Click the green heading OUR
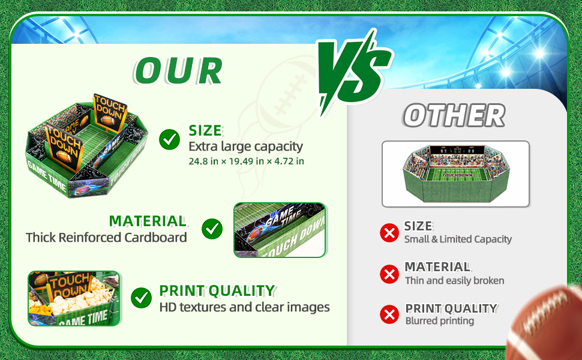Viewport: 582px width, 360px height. pos(179,71)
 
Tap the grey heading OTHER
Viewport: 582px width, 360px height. pos(454,115)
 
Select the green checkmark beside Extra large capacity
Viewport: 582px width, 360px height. pos(170,140)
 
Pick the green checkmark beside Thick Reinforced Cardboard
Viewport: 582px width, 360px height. pos(212,229)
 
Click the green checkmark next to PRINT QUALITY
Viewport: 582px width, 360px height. pos(142,298)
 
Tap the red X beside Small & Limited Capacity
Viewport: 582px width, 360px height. pos(389,233)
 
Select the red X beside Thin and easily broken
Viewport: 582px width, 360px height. pos(389,274)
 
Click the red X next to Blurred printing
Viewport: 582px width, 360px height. pos(389,314)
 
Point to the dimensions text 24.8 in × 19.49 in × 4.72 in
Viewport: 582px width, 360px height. pos(247,161)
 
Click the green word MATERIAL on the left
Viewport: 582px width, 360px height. pos(148,221)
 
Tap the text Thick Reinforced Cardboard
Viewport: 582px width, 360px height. pos(106,238)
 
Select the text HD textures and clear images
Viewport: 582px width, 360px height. pos(245,307)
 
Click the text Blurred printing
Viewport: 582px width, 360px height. pos(440,320)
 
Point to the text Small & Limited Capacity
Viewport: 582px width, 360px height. pos(458,239)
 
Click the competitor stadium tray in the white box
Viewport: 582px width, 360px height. pos(456,173)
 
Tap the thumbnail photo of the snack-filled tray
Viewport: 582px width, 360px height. pos(74,298)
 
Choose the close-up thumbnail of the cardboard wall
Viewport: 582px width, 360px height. pos(280,230)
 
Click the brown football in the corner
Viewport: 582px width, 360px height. pos(544,322)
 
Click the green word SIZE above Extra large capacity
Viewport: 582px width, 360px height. pos(205,130)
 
